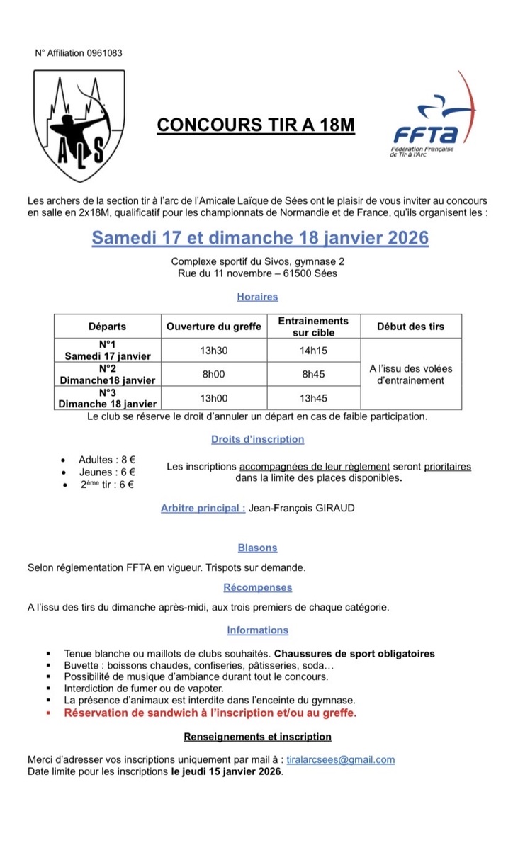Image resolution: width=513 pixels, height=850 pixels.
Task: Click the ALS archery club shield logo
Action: click(x=70, y=126)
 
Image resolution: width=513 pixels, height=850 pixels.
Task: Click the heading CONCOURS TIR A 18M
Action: click(x=255, y=125)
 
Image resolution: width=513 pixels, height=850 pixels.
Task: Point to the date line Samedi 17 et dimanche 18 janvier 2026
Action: click(x=260, y=237)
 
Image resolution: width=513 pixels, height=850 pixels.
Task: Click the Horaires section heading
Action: click(x=257, y=297)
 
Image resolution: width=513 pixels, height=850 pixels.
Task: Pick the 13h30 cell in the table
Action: click(x=213, y=350)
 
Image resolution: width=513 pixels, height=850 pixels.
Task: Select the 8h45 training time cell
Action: click(x=312, y=374)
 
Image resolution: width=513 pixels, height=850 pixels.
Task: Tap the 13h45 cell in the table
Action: click(x=312, y=398)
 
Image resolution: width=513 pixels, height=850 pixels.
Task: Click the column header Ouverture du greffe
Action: click(x=213, y=327)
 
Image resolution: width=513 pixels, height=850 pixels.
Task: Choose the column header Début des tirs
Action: click(x=411, y=327)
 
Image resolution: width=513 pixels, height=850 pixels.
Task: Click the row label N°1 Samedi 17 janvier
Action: click(x=108, y=350)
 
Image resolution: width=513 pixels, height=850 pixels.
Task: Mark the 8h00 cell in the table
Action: click(x=213, y=374)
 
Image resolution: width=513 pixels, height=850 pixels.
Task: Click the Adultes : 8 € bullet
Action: click(x=107, y=460)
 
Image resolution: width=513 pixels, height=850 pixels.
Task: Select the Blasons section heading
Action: click(x=257, y=548)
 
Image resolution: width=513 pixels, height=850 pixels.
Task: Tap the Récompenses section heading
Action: click(x=257, y=587)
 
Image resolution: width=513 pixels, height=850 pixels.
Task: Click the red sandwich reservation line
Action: click(x=210, y=713)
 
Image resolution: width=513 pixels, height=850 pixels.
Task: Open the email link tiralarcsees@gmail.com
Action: click(x=344, y=760)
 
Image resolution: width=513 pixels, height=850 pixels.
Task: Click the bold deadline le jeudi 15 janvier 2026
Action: click(x=226, y=771)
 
